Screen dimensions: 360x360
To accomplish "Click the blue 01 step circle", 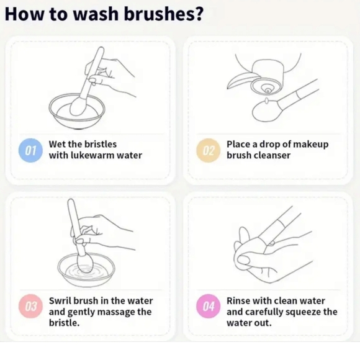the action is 30,150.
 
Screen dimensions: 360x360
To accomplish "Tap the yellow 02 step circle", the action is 208,150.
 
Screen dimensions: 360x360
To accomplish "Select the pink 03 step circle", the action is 30,306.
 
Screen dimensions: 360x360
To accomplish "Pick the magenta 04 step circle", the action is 208,306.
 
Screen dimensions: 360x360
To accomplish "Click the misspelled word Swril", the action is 60,301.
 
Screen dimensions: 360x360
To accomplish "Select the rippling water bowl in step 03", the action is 86,270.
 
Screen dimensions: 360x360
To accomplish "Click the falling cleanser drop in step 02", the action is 266,101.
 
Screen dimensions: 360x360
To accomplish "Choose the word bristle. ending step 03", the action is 65,323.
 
